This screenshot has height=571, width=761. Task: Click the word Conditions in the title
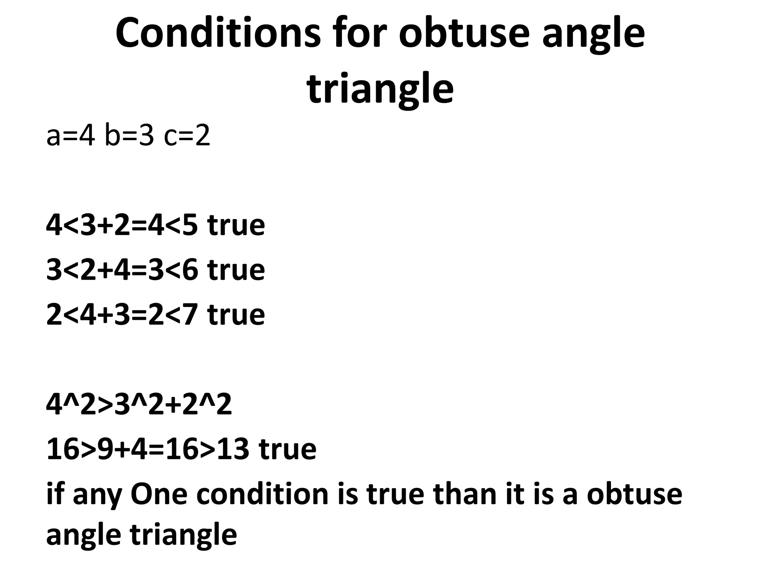218,33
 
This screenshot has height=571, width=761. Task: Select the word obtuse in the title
464,33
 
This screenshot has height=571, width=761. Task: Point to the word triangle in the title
380,89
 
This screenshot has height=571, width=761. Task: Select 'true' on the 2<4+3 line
236,314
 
